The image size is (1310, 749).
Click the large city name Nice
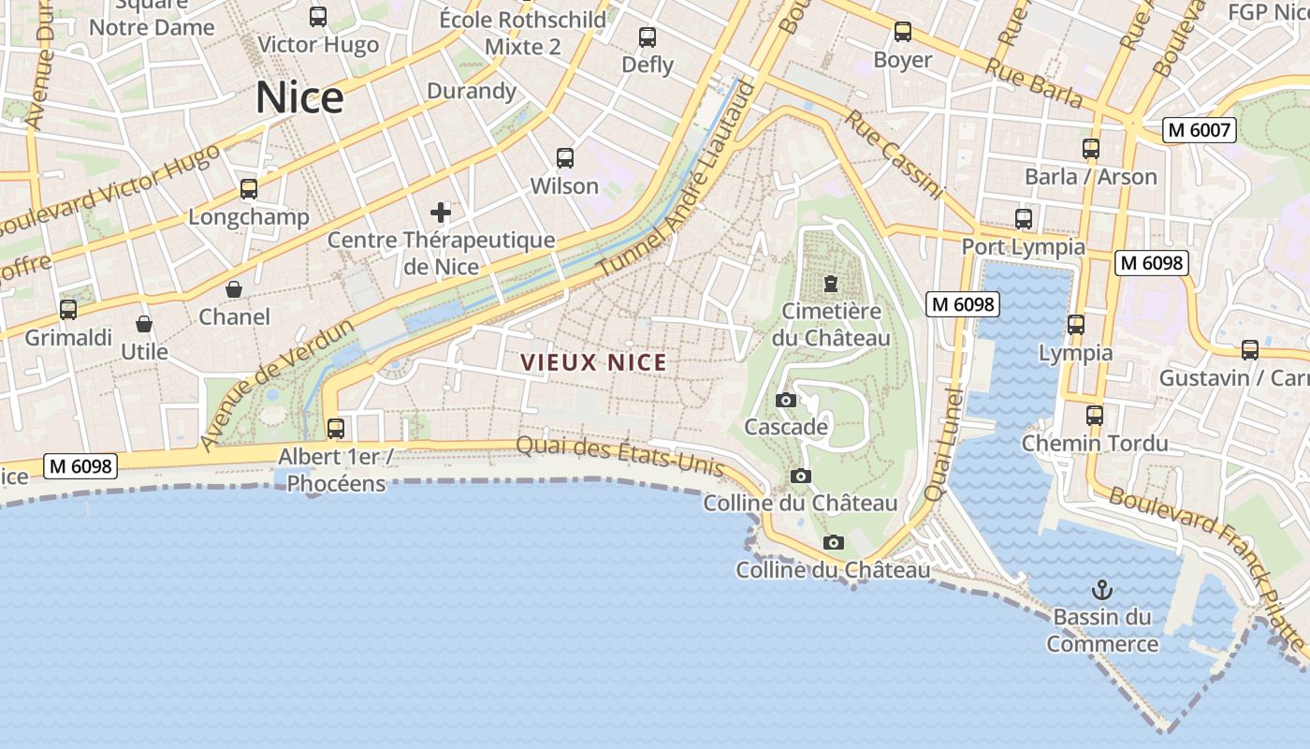299,98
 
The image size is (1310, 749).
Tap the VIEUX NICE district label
593,362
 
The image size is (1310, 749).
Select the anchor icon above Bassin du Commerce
1102,590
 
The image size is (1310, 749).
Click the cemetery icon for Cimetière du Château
830,283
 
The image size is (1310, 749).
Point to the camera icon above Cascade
786,401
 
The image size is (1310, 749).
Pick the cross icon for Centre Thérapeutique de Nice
441,213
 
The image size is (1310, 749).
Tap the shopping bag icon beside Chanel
234,289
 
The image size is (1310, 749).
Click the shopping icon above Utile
144,324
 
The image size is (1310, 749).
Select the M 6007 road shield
1200,130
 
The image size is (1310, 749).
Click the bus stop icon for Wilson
564,157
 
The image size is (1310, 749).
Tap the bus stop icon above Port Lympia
1024,219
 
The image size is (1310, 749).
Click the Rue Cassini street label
894,154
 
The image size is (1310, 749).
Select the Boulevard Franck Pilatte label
1207,566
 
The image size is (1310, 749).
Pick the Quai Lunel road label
942,443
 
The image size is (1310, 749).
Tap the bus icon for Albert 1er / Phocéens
335,429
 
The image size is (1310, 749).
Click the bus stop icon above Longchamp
249,189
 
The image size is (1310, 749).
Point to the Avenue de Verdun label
277,384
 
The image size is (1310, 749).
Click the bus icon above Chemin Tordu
1095,415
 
